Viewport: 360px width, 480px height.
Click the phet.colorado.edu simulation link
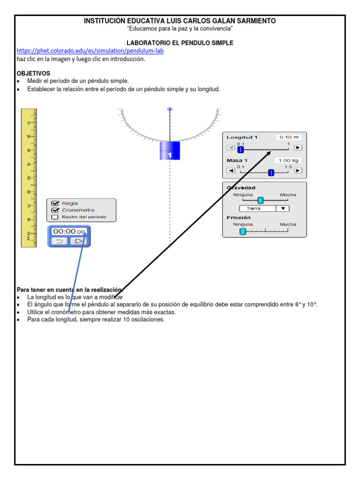point(90,51)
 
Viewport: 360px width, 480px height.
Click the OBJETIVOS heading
point(33,74)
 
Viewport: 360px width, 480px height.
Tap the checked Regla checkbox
point(55,203)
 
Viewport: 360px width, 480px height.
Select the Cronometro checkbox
point(55,210)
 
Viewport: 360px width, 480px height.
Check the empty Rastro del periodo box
point(55,217)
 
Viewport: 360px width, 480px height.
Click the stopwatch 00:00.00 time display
point(69,232)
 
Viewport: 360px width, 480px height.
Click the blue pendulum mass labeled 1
point(170,150)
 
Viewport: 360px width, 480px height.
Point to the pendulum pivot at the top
point(170,109)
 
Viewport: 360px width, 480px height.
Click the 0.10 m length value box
point(289,137)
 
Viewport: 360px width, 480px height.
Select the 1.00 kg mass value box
point(288,160)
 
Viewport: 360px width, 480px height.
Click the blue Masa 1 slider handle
point(271,172)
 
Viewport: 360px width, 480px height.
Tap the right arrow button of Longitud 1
point(298,147)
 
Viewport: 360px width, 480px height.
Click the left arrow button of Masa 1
point(231,170)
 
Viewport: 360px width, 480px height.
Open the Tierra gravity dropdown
point(264,209)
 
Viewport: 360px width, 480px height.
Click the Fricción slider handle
point(243,231)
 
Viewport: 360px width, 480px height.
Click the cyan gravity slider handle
point(261,201)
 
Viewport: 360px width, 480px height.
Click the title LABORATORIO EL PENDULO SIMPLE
point(180,43)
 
